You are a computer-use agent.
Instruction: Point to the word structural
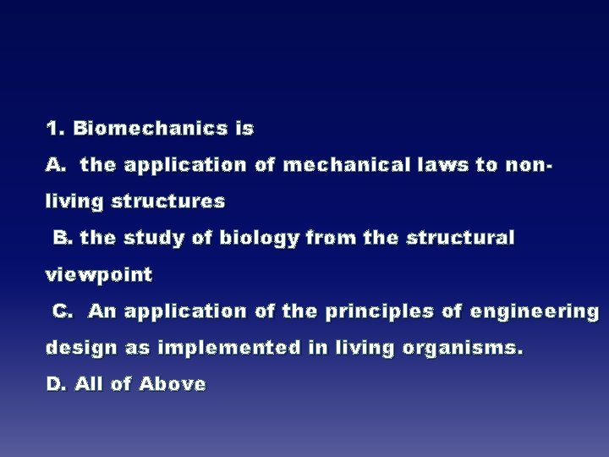click(x=460, y=239)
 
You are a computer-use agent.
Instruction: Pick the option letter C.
click(x=63, y=311)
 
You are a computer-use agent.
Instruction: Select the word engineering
click(x=535, y=312)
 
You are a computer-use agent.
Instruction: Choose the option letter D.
click(x=56, y=384)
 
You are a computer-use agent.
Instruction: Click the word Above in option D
click(x=173, y=384)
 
